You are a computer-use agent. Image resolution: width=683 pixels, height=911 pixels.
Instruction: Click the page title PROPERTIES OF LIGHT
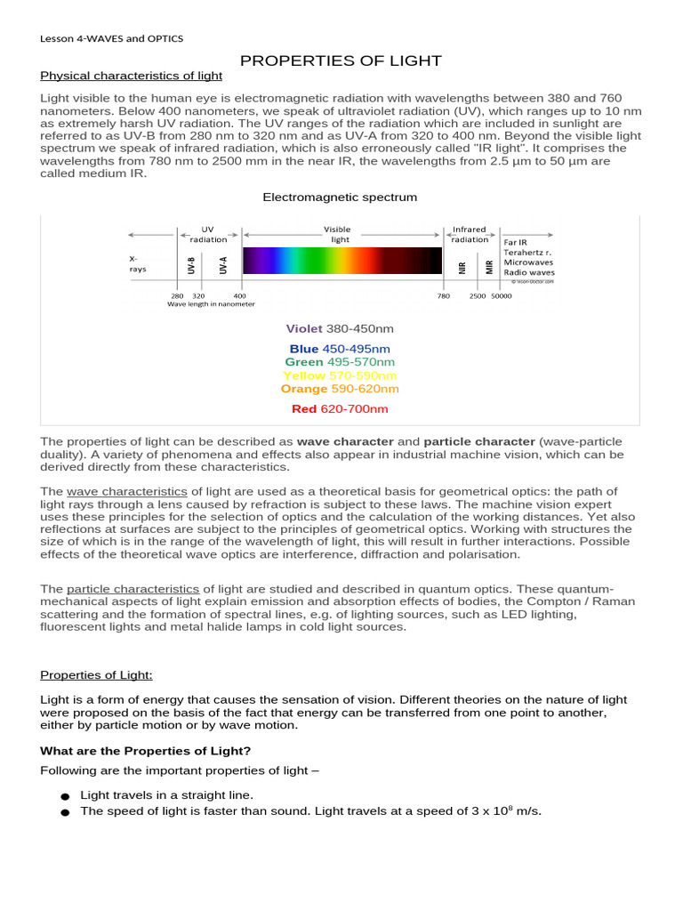[341, 60]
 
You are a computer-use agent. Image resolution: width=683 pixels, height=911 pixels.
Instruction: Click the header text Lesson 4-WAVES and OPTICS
[111, 38]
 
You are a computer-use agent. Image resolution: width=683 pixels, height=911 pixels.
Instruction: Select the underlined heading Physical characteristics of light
[131, 77]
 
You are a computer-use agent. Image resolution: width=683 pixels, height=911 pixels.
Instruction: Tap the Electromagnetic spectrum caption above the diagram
[340, 197]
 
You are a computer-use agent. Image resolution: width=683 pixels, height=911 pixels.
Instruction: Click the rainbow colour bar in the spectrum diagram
[342, 261]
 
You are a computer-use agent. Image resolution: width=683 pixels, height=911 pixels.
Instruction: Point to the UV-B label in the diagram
[191, 265]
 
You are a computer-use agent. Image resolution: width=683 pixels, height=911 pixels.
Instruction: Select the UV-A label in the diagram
[223, 265]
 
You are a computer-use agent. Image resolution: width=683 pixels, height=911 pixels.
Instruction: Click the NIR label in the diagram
[462, 266]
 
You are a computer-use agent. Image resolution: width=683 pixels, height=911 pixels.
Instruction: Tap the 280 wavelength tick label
[177, 295]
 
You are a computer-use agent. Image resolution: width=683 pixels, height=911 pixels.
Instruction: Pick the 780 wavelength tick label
[443, 295]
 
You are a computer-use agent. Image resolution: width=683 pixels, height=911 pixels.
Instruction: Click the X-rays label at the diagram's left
[139, 262]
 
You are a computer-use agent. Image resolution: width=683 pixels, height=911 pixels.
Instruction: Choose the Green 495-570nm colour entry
[340, 362]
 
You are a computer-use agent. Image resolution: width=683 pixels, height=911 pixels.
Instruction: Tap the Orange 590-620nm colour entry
[340, 389]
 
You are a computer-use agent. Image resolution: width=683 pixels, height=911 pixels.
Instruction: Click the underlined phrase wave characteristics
[126, 492]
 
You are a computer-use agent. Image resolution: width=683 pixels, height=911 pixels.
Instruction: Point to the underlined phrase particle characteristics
[133, 589]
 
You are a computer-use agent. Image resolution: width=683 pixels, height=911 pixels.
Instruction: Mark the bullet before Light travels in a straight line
[64, 796]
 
